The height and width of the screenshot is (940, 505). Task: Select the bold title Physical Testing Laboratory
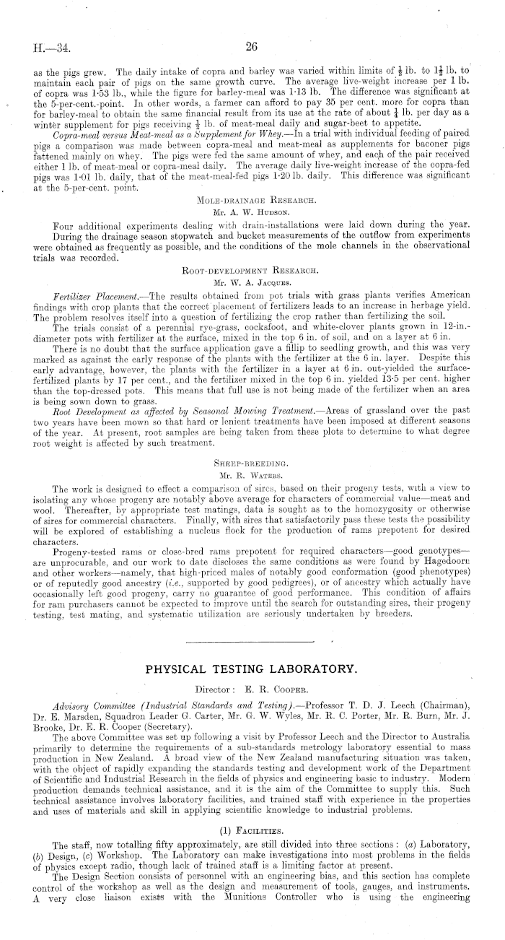point(252,669)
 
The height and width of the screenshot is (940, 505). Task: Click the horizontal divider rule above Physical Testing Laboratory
point(252,640)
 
